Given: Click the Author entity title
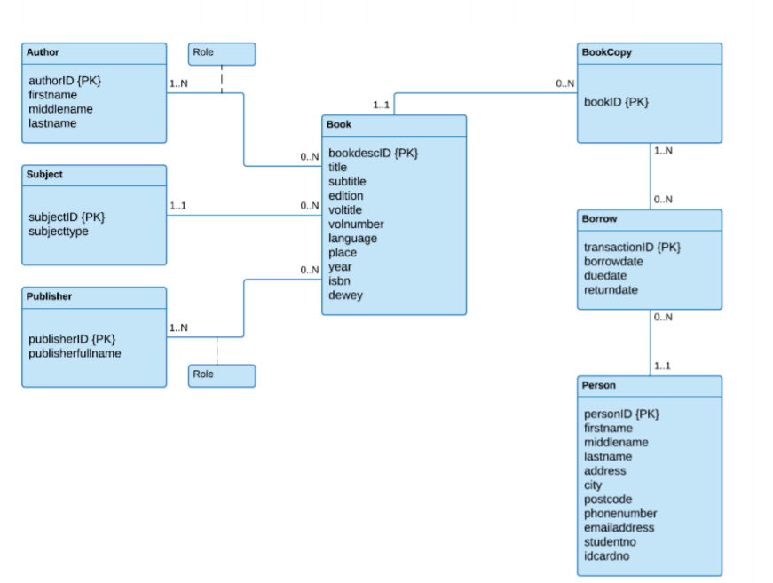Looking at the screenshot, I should (x=43, y=52).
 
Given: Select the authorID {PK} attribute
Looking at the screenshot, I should (x=65, y=81).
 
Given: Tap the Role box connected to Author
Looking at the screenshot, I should (x=221, y=53).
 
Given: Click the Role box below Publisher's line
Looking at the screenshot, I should (x=221, y=375).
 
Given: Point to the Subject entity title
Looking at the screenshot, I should (x=44, y=175).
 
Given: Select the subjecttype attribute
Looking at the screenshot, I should (x=59, y=232).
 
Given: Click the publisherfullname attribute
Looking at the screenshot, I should (x=75, y=353).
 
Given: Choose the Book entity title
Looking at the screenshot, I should (x=339, y=125).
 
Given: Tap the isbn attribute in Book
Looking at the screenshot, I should (x=340, y=281).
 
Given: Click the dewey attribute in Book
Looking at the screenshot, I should (x=345, y=295).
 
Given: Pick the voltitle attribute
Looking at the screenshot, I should (x=345, y=210).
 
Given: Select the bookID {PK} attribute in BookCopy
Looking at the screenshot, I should (x=616, y=102).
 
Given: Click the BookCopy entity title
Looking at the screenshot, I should (x=607, y=52).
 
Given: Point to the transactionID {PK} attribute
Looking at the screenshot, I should (x=632, y=248).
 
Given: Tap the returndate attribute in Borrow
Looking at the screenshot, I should (x=611, y=290).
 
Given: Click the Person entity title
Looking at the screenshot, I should (x=598, y=385).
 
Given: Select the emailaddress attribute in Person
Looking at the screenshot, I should (x=619, y=528).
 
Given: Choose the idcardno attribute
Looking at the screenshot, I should (x=607, y=556).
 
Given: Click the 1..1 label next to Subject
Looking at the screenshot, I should (x=177, y=206).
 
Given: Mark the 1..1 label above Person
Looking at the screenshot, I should (x=662, y=366).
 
